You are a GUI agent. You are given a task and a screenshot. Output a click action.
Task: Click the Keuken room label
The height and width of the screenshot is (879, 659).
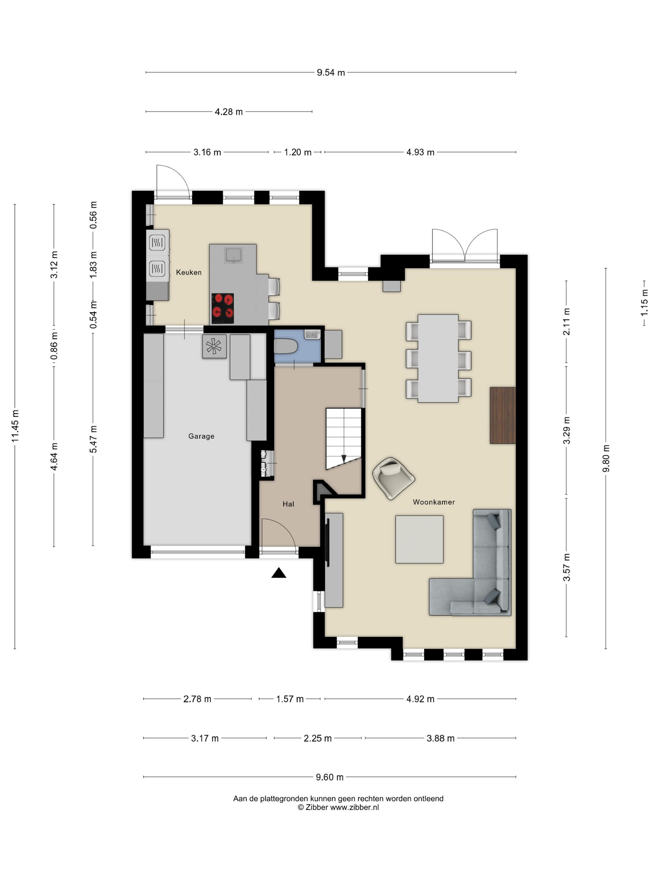pos(189,272)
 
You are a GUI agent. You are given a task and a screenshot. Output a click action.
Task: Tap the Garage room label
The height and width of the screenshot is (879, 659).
pos(201,436)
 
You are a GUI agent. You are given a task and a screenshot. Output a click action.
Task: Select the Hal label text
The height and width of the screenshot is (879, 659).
pos(288,504)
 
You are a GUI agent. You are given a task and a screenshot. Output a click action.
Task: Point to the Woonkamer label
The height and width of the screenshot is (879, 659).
pos(434,502)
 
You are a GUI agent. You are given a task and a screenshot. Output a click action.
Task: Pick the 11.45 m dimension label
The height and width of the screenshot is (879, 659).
pos(15,426)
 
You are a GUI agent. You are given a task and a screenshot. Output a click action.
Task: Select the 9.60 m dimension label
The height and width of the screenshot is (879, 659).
pos(330,777)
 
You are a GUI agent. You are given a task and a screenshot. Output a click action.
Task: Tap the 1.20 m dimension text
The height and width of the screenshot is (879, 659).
pos(297,152)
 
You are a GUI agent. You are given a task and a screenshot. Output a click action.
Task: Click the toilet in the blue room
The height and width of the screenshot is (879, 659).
pos(286,346)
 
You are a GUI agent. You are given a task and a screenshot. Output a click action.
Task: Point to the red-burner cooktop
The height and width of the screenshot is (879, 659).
pos(223,308)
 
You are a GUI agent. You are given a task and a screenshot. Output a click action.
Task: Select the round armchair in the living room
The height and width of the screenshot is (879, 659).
pos(393,478)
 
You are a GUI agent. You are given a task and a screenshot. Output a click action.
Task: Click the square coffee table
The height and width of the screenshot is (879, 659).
pos(419,539)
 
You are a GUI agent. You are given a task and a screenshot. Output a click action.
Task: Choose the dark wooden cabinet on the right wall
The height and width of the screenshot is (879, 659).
pos(502,415)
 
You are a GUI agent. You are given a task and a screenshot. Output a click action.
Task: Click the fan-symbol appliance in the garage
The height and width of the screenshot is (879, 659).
pos(214,346)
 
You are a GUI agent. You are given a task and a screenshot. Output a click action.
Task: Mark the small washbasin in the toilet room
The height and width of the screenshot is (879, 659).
pos(312,334)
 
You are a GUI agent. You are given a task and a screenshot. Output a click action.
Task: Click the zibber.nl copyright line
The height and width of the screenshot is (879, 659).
pos(338,807)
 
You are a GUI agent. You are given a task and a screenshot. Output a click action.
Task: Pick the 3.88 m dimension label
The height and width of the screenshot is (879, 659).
pos(440,738)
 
